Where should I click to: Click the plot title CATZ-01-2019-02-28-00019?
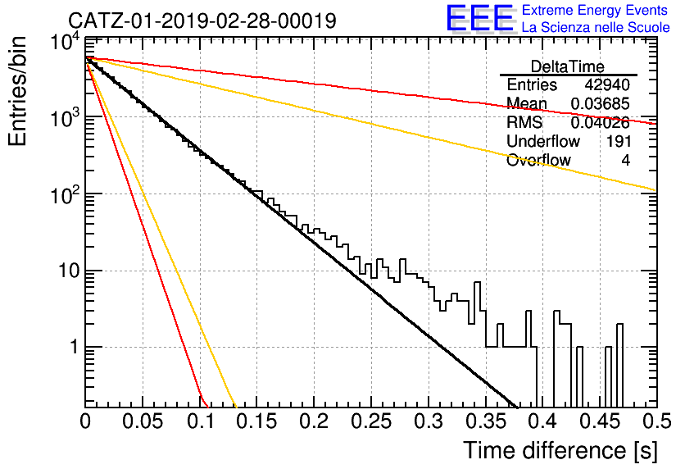(202, 20)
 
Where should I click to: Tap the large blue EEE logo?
(480, 18)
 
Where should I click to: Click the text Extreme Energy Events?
(595, 10)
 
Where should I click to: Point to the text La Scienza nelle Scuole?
(596, 27)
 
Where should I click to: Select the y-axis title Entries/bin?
(17, 91)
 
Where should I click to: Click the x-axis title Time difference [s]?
(560, 450)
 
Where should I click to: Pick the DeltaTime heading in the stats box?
(568, 66)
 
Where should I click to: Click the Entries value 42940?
(607, 84)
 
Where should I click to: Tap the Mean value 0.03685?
(601, 103)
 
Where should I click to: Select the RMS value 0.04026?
(601, 123)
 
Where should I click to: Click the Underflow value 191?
(618, 141)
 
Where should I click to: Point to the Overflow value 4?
(625, 161)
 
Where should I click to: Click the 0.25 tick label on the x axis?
(371, 421)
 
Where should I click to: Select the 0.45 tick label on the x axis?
(601, 421)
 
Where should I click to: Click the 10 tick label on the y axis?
(69, 271)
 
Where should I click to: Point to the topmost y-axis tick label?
(65, 43)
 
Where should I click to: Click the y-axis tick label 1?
(74, 348)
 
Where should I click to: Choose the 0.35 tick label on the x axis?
(486, 421)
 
